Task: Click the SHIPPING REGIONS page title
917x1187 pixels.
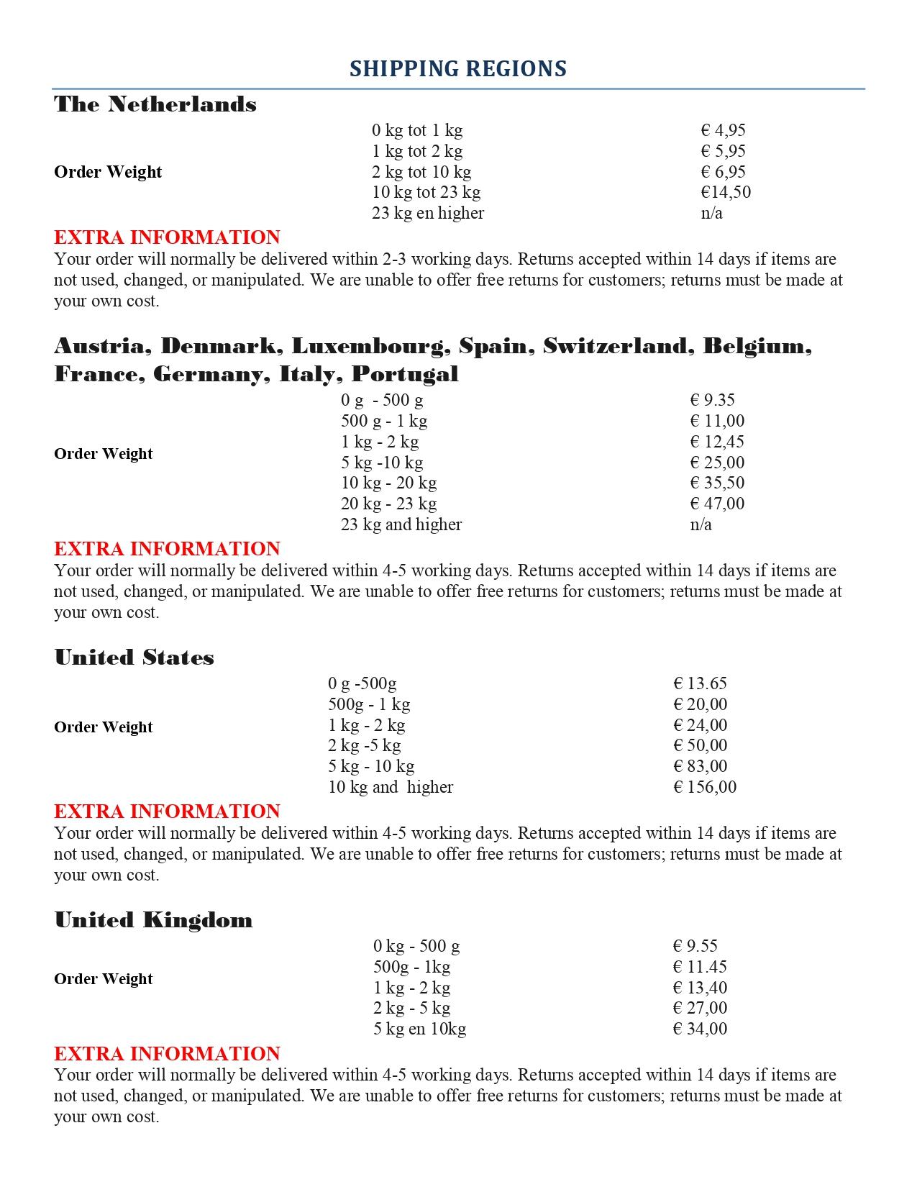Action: (458, 69)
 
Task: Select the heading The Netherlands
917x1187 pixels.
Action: (155, 104)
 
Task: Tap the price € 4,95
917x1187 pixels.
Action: (723, 130)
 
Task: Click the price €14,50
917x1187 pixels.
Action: (726, 192)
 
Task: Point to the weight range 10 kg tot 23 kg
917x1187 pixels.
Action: (426, 192)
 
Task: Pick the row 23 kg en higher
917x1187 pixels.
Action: (428, 213)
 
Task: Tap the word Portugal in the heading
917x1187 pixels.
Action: (405, 374)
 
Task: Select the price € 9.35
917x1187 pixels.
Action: (712, 400)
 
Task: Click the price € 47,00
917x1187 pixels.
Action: (717, 504)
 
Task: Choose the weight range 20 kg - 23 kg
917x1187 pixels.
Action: (388, 504)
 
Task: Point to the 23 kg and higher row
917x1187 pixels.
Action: (401, 524)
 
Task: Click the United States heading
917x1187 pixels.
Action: (134, 658)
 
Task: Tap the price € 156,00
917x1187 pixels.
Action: (705, 787)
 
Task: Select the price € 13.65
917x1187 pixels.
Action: (700, 683)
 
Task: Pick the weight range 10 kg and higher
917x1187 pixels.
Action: (391, 787)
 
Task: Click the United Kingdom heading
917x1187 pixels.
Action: (154, 920)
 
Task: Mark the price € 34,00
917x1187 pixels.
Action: (700, 1029)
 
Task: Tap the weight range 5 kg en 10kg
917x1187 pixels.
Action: (419, 1029)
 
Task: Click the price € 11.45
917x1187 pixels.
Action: (700, 967)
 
